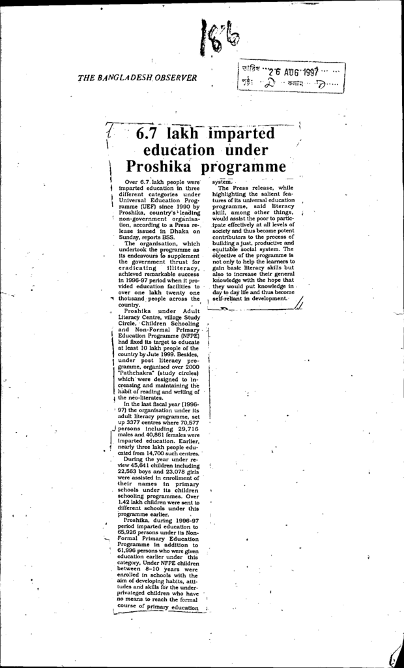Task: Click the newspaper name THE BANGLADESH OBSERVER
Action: tap(137, 78)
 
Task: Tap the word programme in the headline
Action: tap(244, 167)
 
